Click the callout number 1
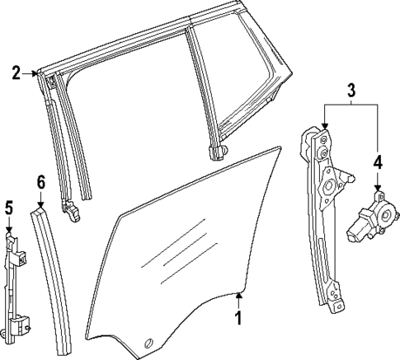[238, 317]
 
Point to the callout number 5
[8, 206]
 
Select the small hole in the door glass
[148, 342]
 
